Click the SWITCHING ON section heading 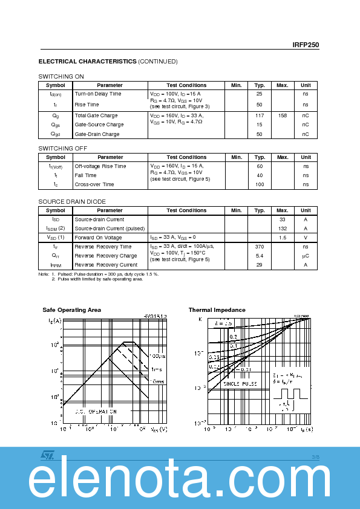pyautogui.click(x=61, y=76)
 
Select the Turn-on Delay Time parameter pyautogui.click(x=98, y=94)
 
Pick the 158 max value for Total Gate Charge pyautogui.click(x=283, y=115)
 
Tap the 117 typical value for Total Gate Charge pyautogui.click(x=260, y=115)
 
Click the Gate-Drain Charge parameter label pyautogui.click(x=97, y=134)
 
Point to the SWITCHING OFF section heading pyautogui.click(x=62, y=148)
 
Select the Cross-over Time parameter pyautogui.click(x=94, y=184)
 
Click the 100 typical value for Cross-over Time pyautogui.click(x=260, y=184)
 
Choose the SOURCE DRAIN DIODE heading pyautogui.click(x=72, y=201)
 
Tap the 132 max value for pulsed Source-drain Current pyautogui.click(x=283, y=229)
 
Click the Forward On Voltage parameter pyautogui.click(x=98, y=238)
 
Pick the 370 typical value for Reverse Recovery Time pyautogui.click(x=260, y=247)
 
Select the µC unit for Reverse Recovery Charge pyautogui.click(x=306, y=256)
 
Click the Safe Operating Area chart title pyautogui.click(x=71, y=310)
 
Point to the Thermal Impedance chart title pyautogui.click(x=217, y=310)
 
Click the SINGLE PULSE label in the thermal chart pyautogui.click(x=240, y=384)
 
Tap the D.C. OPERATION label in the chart pyautogui.click(x=96, y=411)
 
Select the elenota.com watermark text pyautogui.click(x=180, y=482)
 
